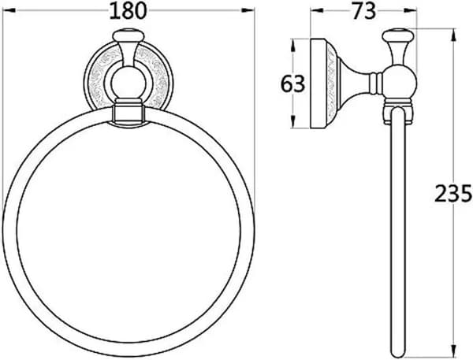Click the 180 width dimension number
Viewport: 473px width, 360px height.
click(128, 11)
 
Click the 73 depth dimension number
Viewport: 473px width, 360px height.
click(364, 11)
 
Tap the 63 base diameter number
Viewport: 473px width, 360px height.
click(293, 84)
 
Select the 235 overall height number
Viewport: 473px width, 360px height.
click(453, 193)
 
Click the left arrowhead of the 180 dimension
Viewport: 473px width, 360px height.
click(9, 10)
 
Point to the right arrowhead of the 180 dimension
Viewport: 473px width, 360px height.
click(248, 10)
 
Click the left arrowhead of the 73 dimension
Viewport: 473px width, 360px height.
click(317, 10)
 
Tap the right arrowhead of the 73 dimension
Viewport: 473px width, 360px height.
click(411, 10)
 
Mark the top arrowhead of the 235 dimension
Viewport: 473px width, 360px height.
click(453, 35)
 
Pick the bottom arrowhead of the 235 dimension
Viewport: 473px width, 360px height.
click(453, 351)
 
